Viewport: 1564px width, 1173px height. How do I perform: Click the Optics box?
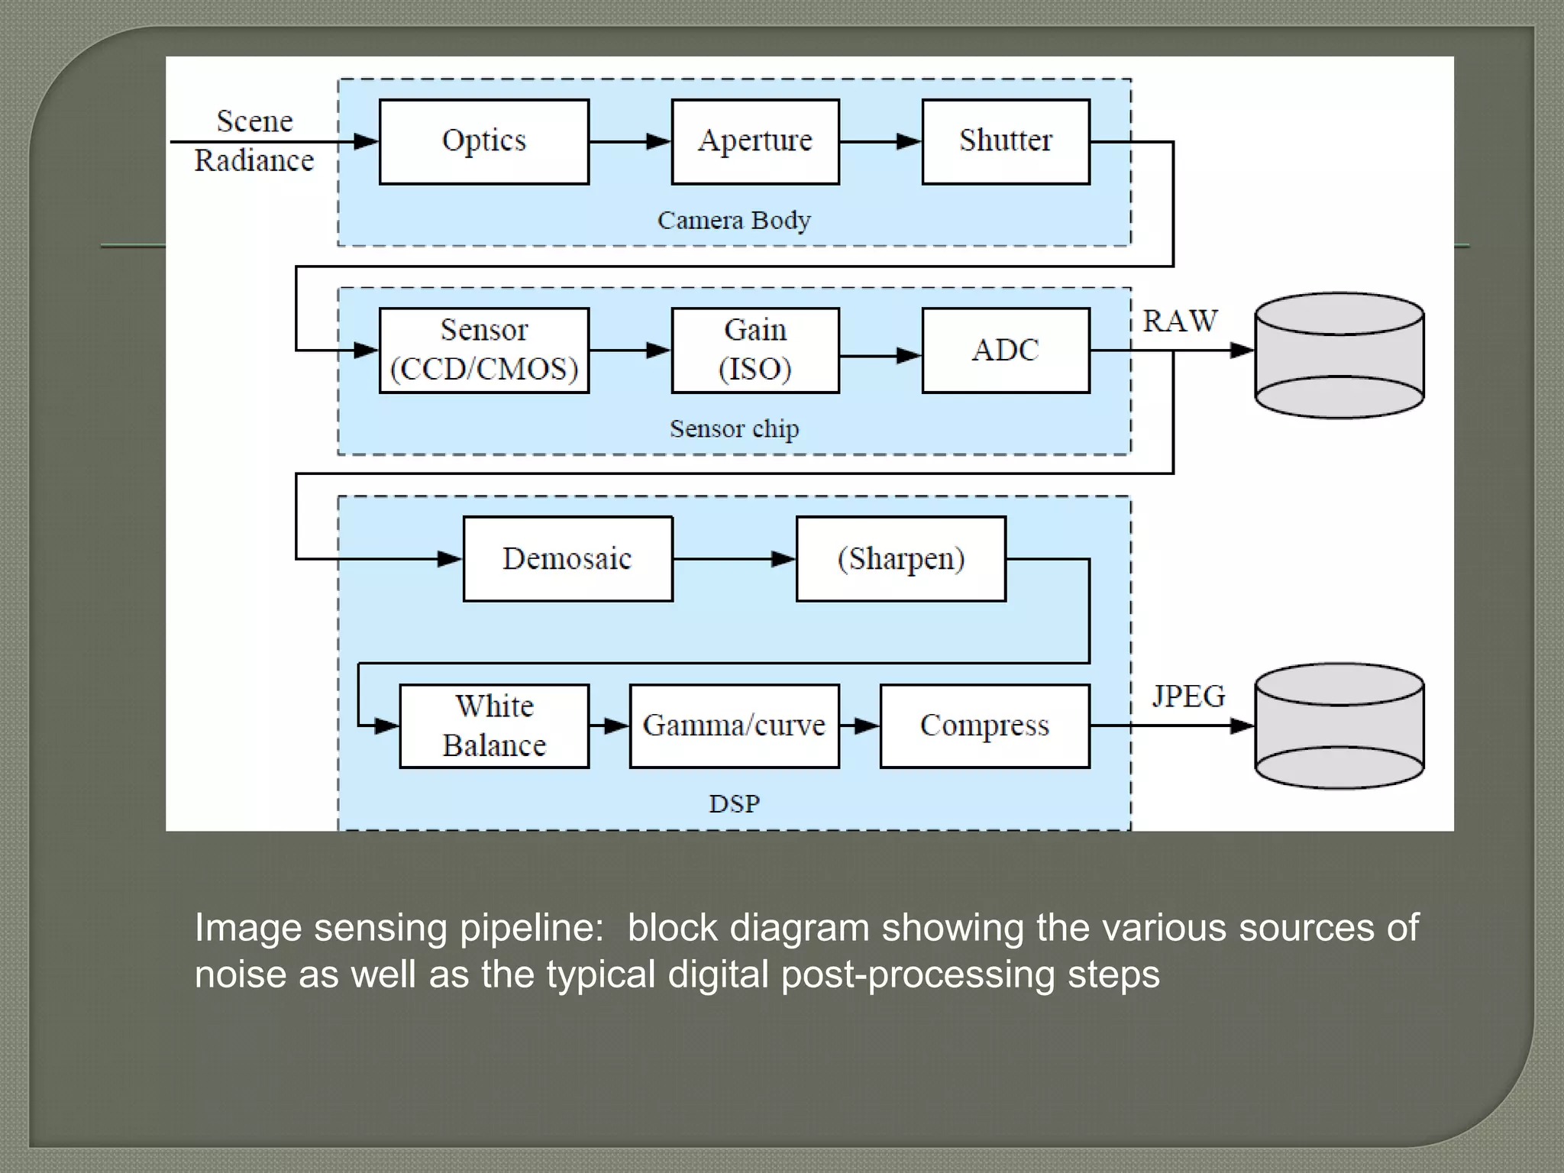483,142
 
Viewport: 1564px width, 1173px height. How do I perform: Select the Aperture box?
755,142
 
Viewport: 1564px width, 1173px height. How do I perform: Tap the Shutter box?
1005,142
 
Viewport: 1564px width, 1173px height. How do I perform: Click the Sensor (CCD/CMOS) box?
483,351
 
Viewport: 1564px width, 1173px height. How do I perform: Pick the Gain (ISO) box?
755,351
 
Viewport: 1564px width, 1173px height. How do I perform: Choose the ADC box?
1005,351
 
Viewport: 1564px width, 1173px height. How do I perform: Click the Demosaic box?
567,559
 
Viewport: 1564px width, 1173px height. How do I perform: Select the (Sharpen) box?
900,559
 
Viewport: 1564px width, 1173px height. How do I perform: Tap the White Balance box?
494,725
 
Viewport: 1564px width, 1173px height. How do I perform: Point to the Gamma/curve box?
734,725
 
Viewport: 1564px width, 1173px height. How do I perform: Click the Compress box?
984,725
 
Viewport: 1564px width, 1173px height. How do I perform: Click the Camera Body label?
733,221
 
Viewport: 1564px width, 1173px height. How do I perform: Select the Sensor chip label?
734,429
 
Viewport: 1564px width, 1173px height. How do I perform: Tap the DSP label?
734,804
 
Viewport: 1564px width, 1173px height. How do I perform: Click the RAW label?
1180,322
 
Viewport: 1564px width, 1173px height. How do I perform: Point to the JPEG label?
1188,696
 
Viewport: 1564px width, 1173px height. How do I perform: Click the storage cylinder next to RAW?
1339,355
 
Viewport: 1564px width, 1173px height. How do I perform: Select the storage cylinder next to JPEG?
1339,725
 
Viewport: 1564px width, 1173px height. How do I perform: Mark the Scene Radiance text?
254,141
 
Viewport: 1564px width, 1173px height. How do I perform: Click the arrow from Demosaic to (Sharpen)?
734,559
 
